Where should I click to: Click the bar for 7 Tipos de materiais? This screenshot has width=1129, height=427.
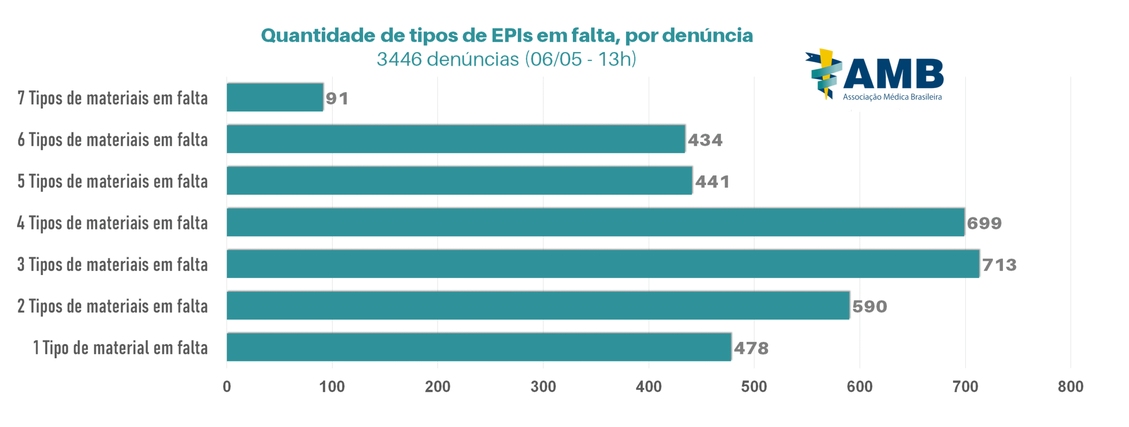pyautogui.click(x=274, y=97)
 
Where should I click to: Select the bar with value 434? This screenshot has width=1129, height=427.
pyautogui.click(x=455, y=139)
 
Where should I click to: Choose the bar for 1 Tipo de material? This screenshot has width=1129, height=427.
pyautogui.click(x=479, y=347)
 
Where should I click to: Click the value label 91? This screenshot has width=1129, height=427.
pyautogui.click(x=337, y=98)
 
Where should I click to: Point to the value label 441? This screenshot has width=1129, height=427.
pyautogui.click(x=712, y=182)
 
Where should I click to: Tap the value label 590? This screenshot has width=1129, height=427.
pyautogui.click(x=869, y=306)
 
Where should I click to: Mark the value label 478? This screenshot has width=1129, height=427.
pyautogui.click(x=751, y=348)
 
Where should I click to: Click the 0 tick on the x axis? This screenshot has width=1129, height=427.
pyautogui.click(x=227, y=386)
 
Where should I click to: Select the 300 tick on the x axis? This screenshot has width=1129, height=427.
pyautogui.click(x=543, y=386)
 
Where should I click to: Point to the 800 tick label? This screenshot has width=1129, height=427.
pyautogui.click(x=1070, y=386)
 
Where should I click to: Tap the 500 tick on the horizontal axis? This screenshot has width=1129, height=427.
pyautogui.click(x=754, y=386)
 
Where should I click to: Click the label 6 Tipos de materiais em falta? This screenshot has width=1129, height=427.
pyautogui.click(x=112, y=140)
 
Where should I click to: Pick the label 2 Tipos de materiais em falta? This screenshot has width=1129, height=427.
pyautogui.click(x=112, y=306)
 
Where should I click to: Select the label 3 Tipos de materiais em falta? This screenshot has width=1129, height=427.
pyautogui.click(x=112, y=264)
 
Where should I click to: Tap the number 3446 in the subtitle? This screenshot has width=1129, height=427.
pyautogui.click(x=399, y=59)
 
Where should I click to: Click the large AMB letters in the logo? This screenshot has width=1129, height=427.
pyautogui.click(x=893, y=74)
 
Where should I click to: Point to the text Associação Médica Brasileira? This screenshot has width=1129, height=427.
pyautogui.click(x=892, y=97)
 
